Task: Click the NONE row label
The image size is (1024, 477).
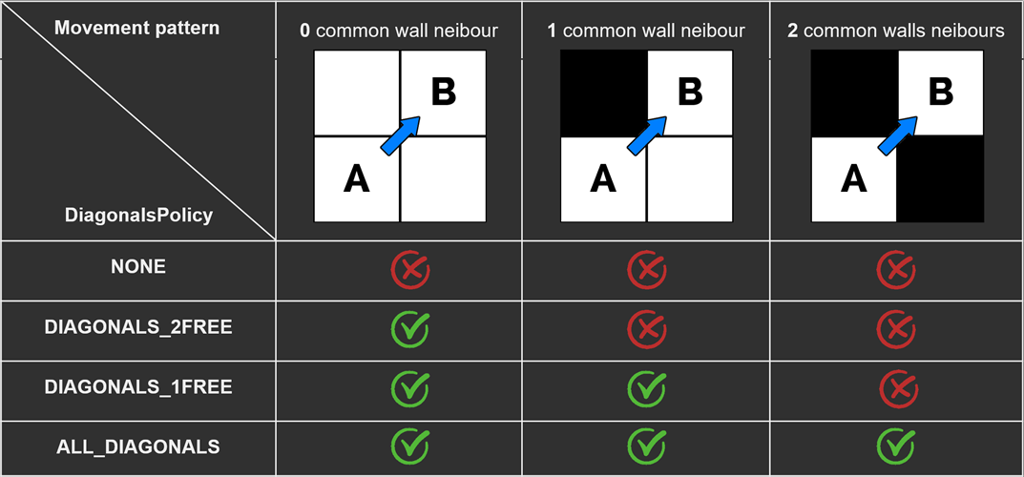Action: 138,267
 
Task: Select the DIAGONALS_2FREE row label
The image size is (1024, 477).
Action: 138,327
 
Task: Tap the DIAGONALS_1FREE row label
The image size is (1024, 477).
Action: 138,387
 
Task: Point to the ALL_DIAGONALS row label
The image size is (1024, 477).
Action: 138,446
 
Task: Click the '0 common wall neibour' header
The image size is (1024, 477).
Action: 399,31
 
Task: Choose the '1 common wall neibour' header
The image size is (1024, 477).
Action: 646,31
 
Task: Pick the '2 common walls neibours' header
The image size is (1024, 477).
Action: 896,31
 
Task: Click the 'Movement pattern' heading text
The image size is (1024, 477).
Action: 136,28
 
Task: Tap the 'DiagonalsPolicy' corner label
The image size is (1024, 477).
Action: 138,215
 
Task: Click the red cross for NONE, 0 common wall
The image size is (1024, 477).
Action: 409,271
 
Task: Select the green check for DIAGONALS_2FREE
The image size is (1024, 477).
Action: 409,330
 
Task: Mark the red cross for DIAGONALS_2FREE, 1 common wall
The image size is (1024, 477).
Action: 646,330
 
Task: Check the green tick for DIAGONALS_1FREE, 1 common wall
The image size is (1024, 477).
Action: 646,388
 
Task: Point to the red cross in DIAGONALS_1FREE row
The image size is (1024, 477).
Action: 895,388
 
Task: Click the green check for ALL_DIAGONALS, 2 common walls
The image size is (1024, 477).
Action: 895,445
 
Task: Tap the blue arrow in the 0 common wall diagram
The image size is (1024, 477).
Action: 400,135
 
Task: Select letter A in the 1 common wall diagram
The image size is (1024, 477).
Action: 603,179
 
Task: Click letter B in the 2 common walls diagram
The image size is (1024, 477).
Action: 940,93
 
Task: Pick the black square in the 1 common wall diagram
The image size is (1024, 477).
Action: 603,93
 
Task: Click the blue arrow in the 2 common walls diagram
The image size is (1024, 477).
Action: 896,135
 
